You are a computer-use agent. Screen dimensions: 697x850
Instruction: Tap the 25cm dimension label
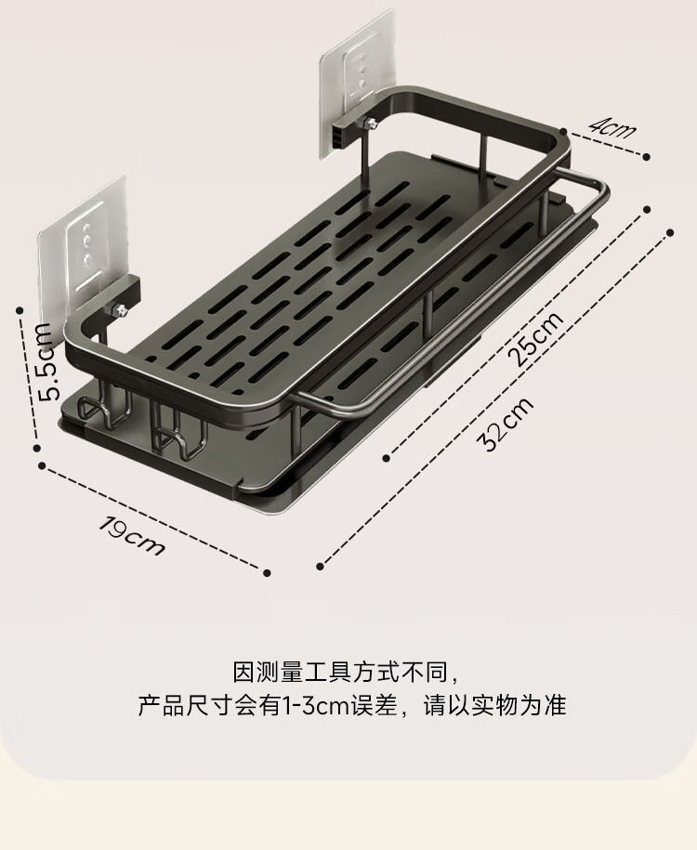pyautogui.click(x=536, y=339)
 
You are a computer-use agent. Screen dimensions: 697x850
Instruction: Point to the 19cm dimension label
pyautogui.click(x=131, y=537)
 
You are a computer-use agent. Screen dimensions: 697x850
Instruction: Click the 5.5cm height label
pyautogui.click(x=46, y=361)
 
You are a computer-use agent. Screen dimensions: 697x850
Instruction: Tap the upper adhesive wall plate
pyautogui.click(x=357, y=84)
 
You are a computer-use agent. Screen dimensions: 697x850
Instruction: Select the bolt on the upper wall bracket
pyautogui.click(x=371, y=125)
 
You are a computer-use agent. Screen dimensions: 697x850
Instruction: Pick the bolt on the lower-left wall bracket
pyautogui.click(x=121, y=311)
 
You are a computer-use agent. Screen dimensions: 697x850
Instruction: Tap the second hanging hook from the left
pyautogui.click(x=179, y=429)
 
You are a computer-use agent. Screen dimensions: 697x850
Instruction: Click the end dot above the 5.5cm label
pyautogui.click(x=20, y=310)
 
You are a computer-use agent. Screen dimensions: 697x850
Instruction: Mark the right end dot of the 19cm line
pyautogui.click(x=267, y=572)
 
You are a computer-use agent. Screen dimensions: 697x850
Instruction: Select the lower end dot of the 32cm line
pyautogui.click(x=320, y=567)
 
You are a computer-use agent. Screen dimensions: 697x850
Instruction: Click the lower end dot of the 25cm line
pyautogui.click(x=387, y=458)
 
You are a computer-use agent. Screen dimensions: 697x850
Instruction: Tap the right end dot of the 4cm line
pyautogui.click(x=647, y=157)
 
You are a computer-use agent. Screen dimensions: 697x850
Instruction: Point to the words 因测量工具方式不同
pyautogui.click(x=340, y=673)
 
